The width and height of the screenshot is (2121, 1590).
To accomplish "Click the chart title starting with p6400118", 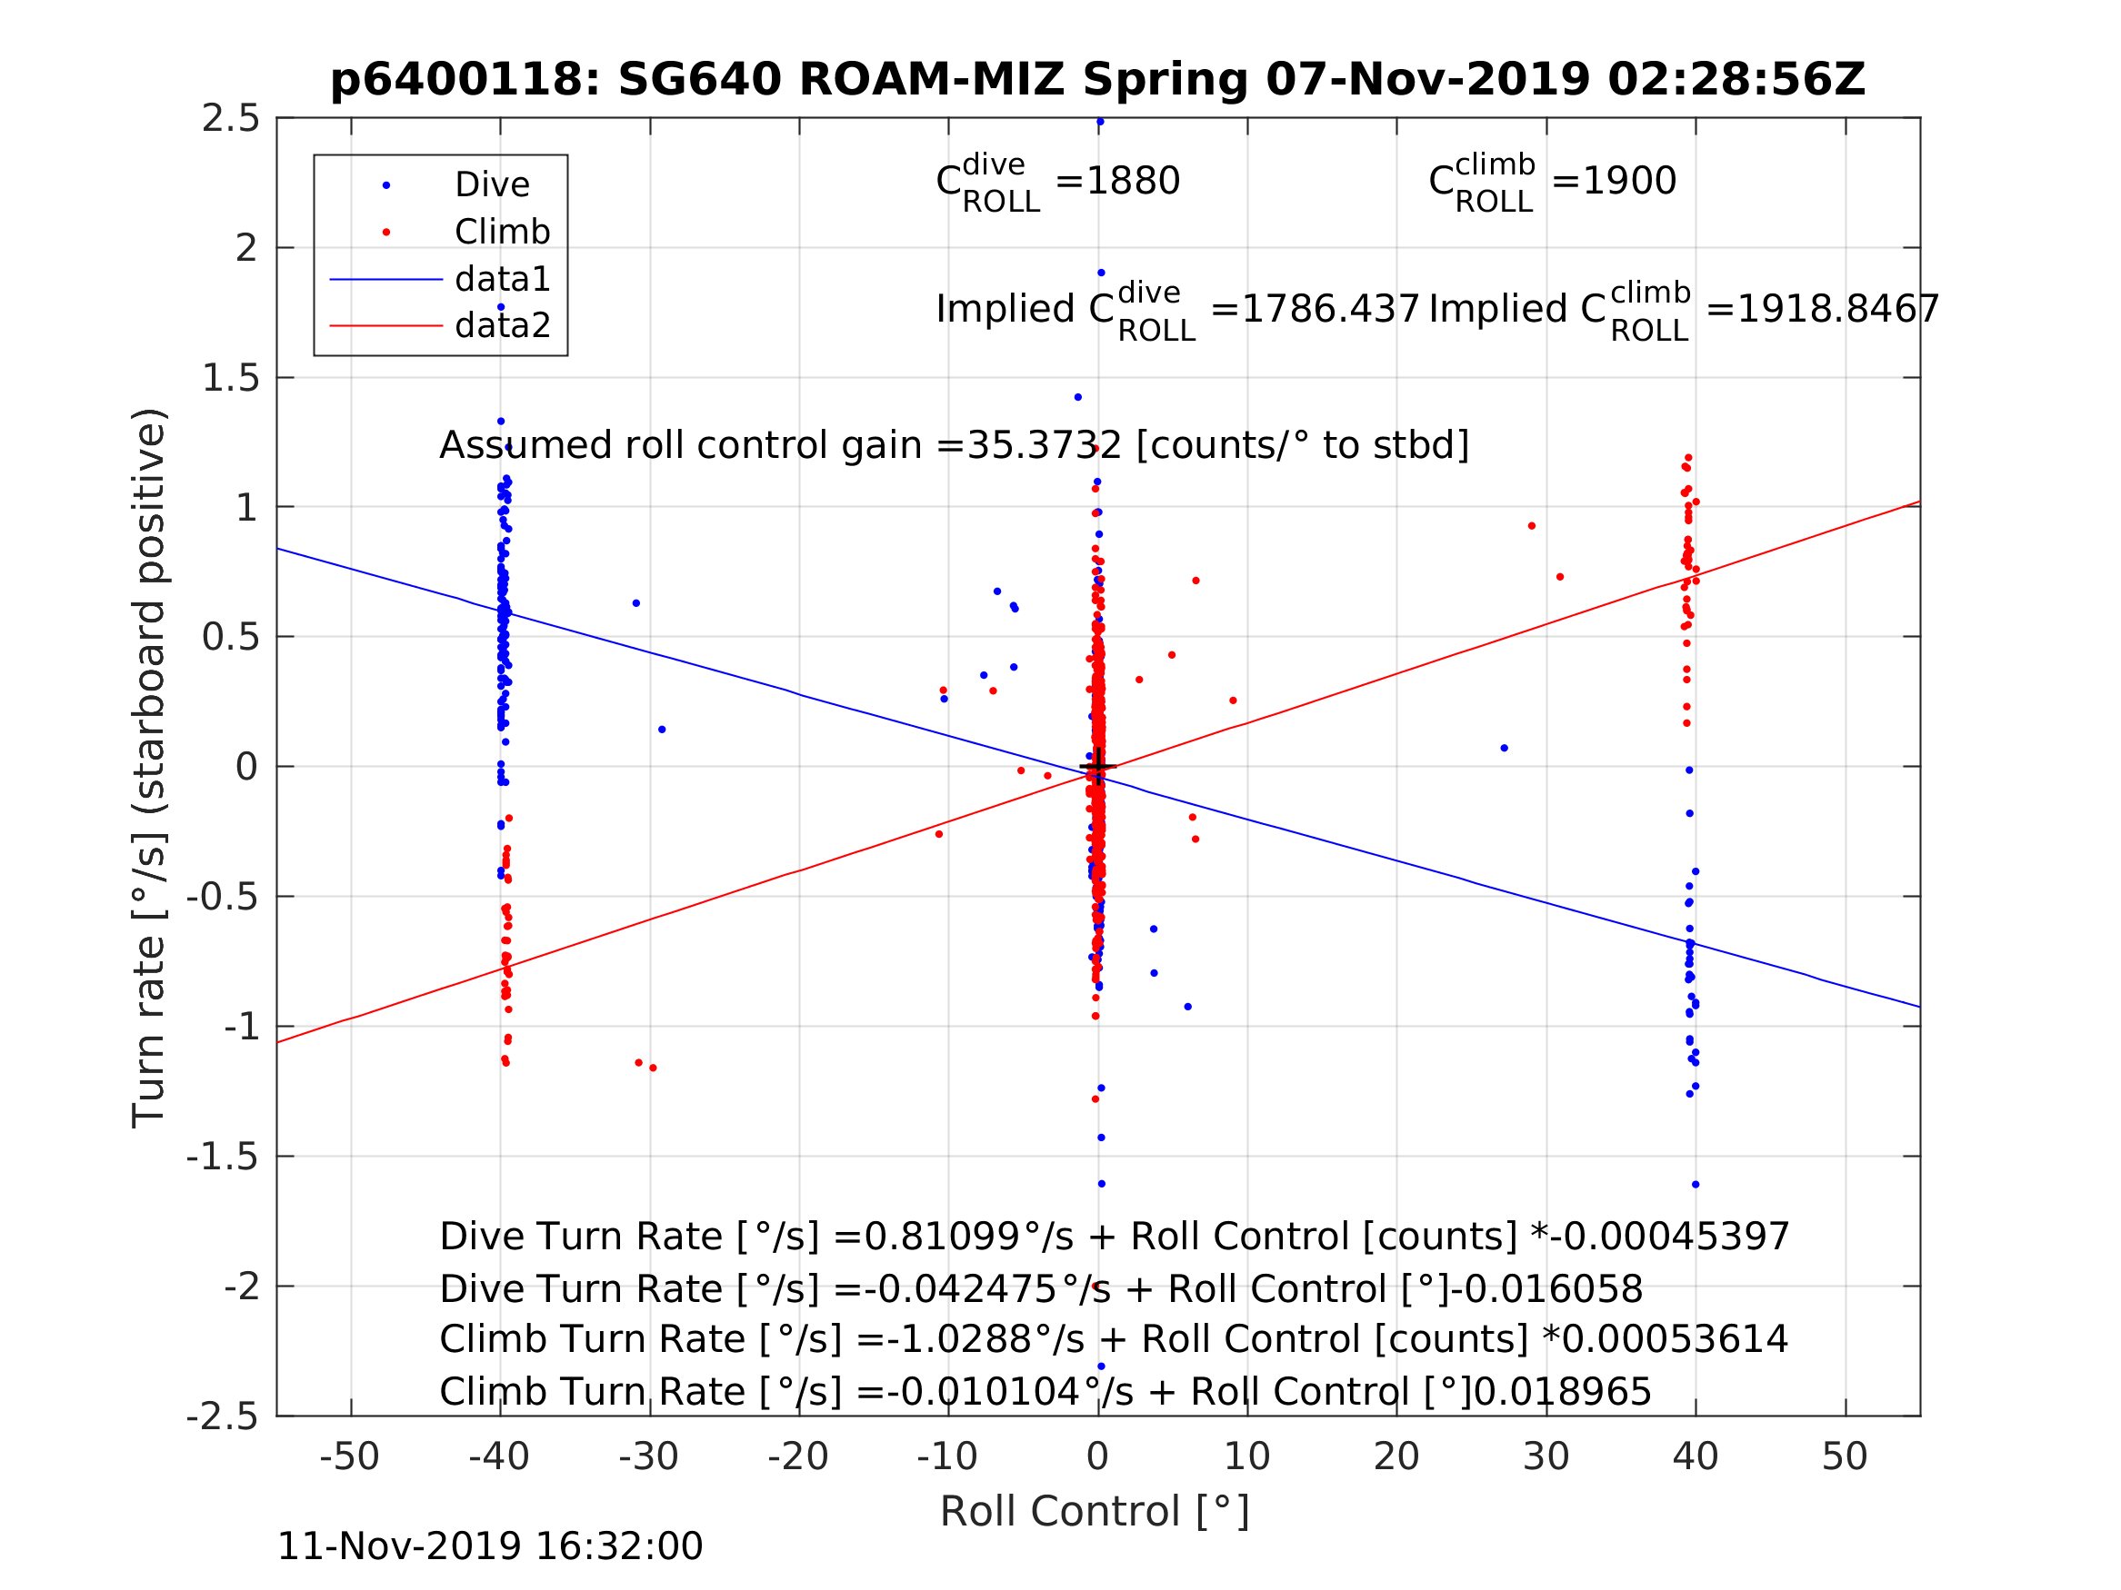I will (1098, 80).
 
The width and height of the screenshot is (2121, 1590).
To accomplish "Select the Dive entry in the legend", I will (492, 185).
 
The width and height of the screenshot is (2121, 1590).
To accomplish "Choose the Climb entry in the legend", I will (502, 232).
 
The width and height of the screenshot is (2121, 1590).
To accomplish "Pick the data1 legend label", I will (503, 279).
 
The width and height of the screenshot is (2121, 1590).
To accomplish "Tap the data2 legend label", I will (503, 326).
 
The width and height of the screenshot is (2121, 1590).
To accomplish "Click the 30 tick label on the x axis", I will (1546, 1456).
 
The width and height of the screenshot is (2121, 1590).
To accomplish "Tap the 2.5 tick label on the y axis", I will (230, 119).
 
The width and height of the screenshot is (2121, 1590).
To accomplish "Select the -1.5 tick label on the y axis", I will (223, 1157).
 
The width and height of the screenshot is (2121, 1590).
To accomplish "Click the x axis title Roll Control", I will (1094, 1512).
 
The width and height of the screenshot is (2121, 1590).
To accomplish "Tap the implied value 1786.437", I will (1330, 310).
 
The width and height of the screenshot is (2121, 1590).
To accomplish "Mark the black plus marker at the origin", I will (1098, 767).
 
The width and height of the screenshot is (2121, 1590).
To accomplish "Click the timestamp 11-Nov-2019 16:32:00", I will (489, 1547).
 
